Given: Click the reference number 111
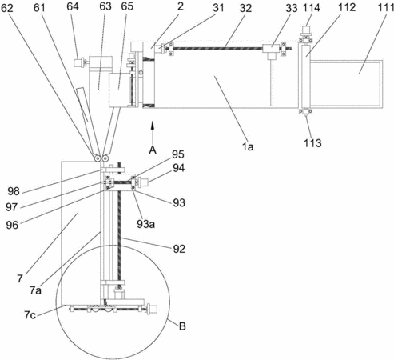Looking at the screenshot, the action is point(386,8).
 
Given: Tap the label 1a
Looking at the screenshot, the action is point(248,146).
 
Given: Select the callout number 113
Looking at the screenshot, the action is point(312,143).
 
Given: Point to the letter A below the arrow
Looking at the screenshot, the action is point(153,150).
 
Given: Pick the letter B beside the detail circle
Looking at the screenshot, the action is point(182,326).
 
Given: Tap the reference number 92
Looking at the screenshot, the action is point(179,249).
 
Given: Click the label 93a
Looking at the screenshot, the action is point(146,224).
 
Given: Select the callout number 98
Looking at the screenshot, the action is point(14,191).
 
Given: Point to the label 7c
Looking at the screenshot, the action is point(30,315).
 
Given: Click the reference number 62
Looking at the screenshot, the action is point(7,8).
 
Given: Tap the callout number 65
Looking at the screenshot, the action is point(127,6).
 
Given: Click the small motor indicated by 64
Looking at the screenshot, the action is point(78,62).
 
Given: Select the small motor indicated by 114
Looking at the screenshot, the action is point(307,29).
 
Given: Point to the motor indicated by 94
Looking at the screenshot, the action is point(144,183).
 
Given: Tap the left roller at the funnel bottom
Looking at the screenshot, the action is point(98,158).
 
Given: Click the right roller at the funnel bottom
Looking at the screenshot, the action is point(105,158).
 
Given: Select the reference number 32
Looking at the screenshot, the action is point(245,8).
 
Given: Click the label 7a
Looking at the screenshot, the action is point(35,290).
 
